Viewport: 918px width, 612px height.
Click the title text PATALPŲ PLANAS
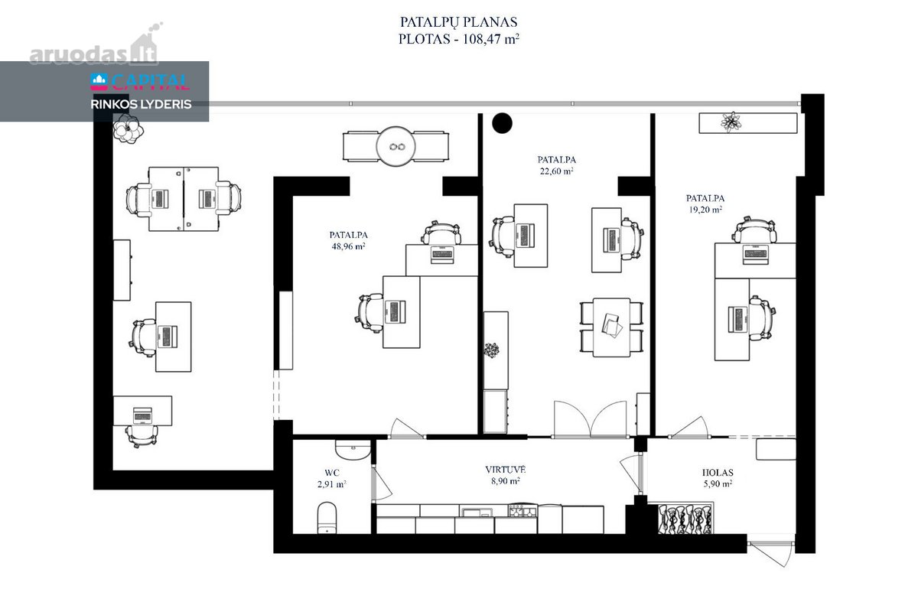[x=458, y=21]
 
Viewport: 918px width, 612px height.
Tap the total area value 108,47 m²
[x=491, y=39]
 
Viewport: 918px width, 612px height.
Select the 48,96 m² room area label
[x=348, y=246]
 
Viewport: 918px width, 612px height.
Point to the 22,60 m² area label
[x=557, y=171]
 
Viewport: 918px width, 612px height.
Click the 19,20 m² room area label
[x=705, y=210]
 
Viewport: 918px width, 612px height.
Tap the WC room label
[x=331, y=473]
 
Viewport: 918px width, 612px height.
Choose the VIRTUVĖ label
[x=506, y=470]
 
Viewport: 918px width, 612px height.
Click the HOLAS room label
[x=718, y=472]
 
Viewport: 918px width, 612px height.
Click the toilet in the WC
[x=327, y=518]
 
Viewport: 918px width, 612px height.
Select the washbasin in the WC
[x=353, y=450]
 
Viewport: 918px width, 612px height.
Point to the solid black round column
[x=502, y=123]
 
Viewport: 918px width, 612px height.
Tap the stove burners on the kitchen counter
[x=522, y=511]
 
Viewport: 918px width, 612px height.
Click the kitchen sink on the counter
[x=477, y=512]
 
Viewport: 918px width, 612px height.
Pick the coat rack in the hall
[x=685, y=519]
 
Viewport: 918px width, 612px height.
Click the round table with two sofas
[x=396, y=146]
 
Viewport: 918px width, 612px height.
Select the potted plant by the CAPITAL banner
[x=129, y=129]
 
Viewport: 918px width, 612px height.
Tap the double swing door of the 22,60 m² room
[x=591, y=419]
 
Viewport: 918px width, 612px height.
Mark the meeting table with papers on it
[x=611, y=327]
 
